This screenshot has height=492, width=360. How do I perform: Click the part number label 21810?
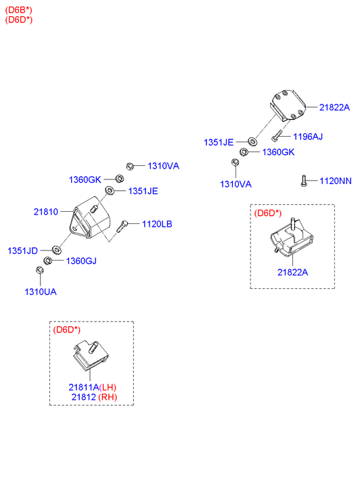tap(46, 212)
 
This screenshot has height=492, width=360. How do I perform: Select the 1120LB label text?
tap(157, 224)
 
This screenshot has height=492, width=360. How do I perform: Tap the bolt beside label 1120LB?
tap(122, 226)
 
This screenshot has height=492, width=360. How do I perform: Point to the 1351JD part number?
tap(22, 250)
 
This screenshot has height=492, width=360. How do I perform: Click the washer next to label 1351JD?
tap(56, 250)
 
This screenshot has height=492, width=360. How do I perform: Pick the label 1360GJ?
tap(81, 261)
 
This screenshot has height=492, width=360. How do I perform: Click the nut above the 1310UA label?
tap(40, 270)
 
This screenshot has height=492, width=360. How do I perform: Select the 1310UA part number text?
tap(41, 292)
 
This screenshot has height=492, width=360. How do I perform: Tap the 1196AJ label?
tap(308, 137)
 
